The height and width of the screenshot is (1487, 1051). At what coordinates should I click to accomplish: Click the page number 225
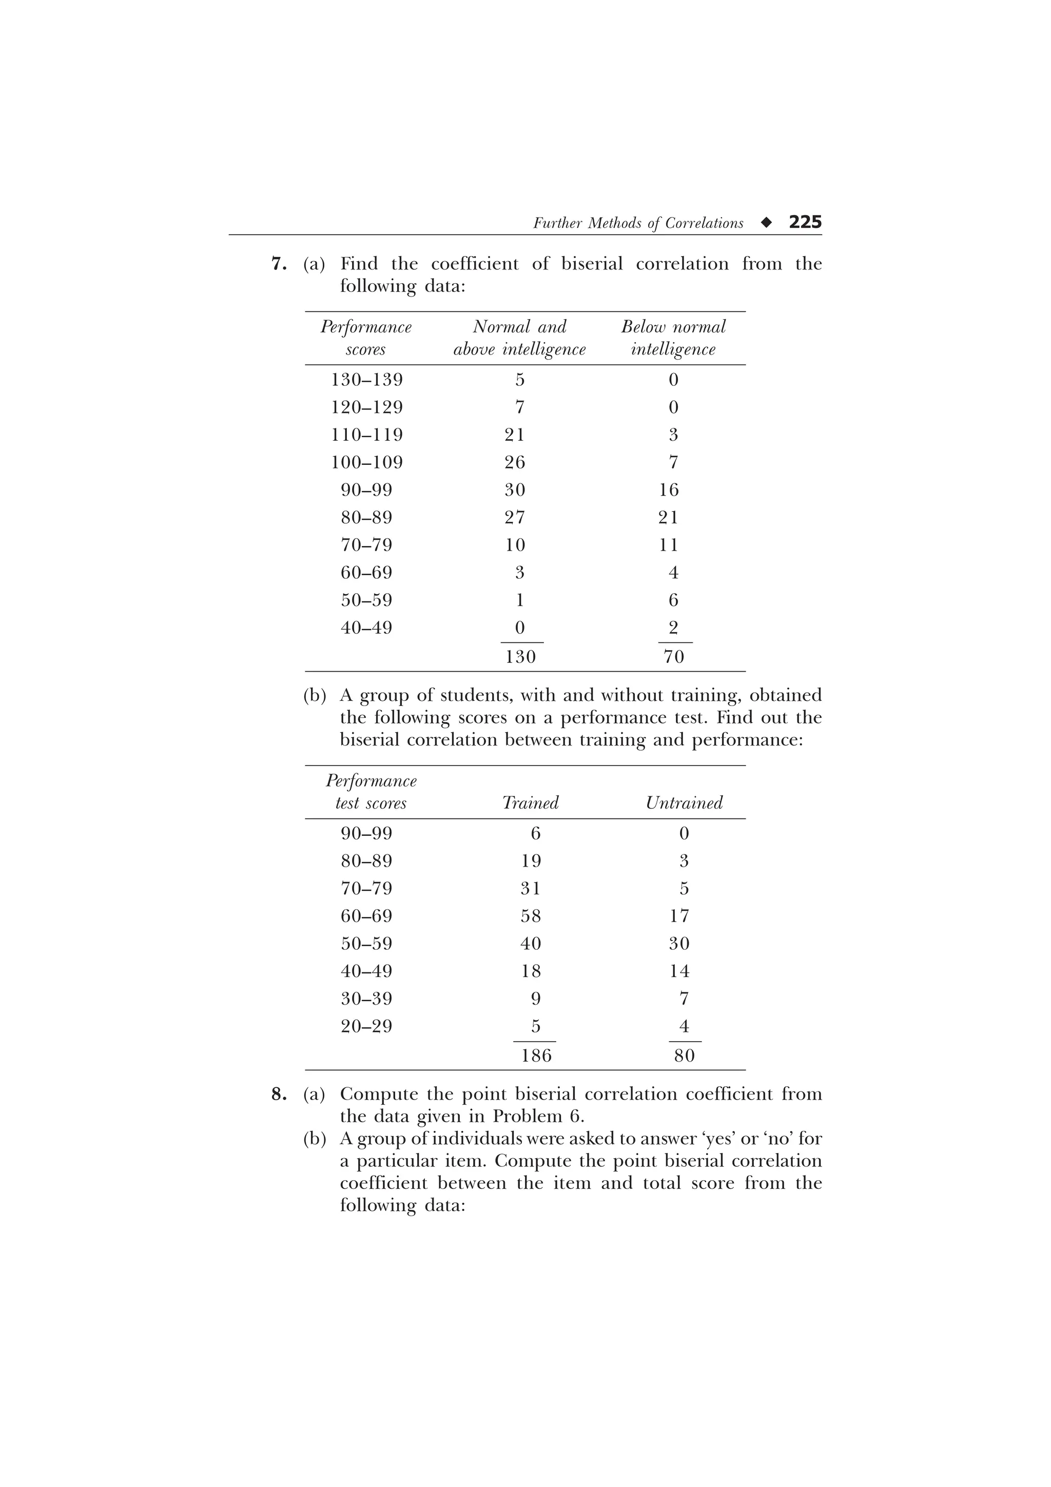point(805,222)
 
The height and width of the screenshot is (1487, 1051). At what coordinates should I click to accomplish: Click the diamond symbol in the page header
point(767,223)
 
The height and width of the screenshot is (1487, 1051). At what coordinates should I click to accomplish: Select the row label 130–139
point(366,380)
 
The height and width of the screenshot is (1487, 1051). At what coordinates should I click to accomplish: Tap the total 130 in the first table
point(520,657)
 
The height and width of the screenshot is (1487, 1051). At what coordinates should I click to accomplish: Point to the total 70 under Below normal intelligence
point(673,657)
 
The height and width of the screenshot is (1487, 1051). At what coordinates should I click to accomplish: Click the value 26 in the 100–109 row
point(515,462)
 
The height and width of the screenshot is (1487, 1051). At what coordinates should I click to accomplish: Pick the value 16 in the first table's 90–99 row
point(669,490)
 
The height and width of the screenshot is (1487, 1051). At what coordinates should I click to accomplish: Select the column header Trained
point(530,803)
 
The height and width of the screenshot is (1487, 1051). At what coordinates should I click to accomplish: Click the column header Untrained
point(684,803)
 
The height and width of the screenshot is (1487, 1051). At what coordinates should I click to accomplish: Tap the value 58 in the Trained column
point(530,916)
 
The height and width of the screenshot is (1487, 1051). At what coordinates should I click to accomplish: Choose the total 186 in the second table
point(536,1055)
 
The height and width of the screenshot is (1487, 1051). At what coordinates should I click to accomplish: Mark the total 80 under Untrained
point(684,1055)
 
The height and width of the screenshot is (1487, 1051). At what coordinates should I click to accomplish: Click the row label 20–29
point(366,1027)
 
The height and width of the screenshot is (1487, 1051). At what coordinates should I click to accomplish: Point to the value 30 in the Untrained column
point(679,944)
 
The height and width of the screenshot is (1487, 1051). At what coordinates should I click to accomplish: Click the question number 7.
point(278,264)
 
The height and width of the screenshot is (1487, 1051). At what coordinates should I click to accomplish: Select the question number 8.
point(278,1094)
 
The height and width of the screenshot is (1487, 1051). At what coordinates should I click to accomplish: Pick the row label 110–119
point(366,435)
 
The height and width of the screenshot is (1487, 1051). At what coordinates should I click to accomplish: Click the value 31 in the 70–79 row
point(530,889)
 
